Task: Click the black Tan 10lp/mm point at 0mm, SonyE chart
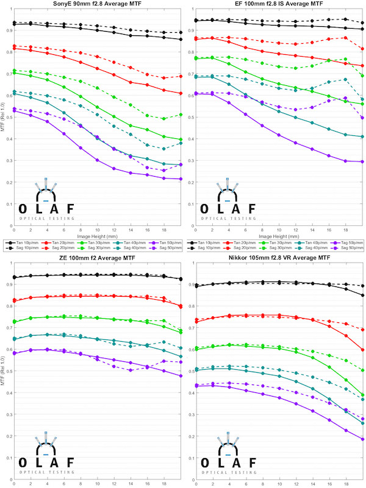pos(14,24)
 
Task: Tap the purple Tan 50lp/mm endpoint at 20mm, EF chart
pos(362,162)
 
